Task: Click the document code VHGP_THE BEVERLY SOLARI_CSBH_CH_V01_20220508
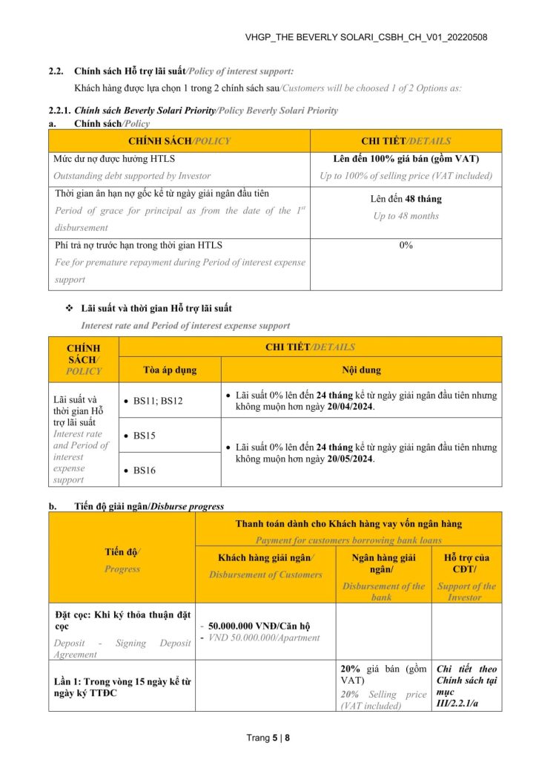pyautogui.click(x=366, y=37)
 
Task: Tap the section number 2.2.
pyautogui.click(x=56, y=71)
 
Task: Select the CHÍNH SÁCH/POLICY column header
pyautogui.click(x=179, y=141)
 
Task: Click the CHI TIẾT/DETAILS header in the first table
pyautogui.click(x=406, y=141)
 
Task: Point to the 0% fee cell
pyautogui.click(x=406, y=246)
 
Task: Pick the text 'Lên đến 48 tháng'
pyautogui.click(x=406, y=199)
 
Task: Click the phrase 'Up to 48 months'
pyautogui.click(x=406, y=216)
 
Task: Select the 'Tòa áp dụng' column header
pyautogui.click(x=170, y=370)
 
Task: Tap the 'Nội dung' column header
pyautogui.click(x=361, y=370)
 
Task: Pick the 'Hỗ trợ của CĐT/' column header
pyautogui.click(x=466, y=563)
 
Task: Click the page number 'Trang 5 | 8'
pyautogui.click(x=268, y=738)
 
